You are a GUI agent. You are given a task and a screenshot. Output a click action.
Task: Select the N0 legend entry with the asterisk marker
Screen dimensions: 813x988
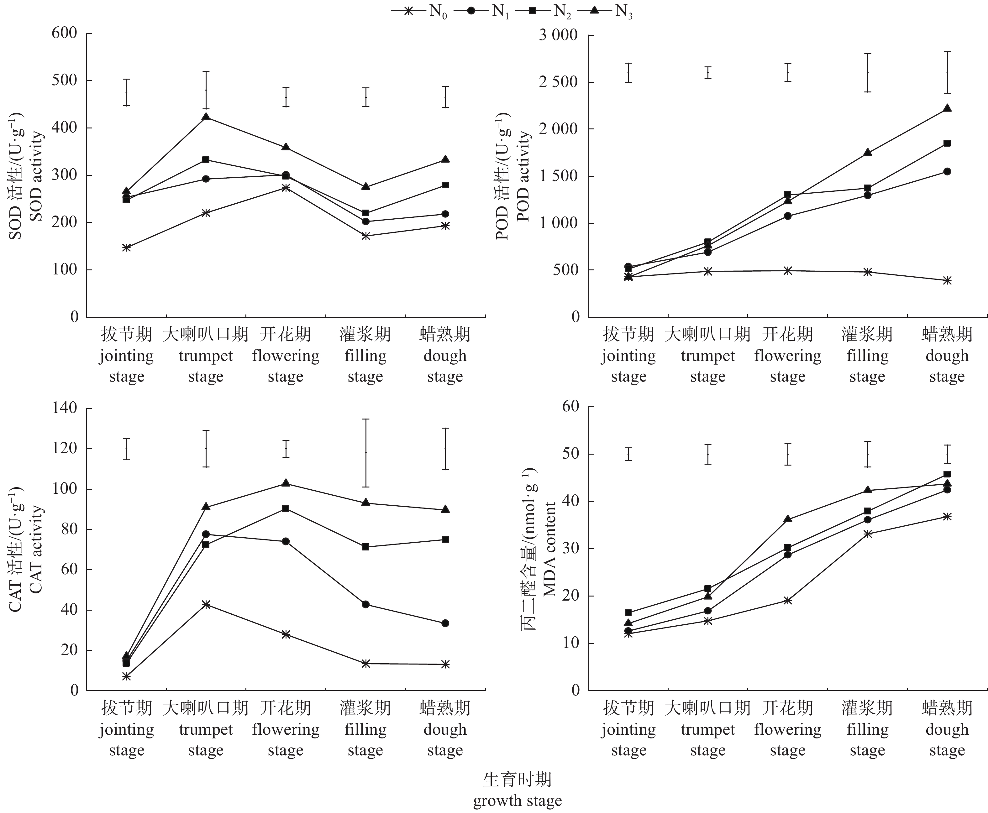click(419, 11)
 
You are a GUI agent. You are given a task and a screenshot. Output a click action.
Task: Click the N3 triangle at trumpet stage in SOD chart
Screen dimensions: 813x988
click(206, 117)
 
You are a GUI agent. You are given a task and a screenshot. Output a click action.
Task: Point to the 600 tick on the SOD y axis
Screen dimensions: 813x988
click(68, 33)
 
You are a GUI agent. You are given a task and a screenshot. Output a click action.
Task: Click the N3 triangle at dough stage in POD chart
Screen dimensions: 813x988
click(947, 108)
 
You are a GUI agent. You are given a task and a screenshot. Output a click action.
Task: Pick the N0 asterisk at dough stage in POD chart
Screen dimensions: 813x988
click(947, 280)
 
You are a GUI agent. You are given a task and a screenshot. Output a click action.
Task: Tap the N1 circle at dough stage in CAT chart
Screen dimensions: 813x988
click(445, 623)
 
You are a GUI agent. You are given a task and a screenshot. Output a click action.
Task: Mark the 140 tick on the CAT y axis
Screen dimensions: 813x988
click(68, 408)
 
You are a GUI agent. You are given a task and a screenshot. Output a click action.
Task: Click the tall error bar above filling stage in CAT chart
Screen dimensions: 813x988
click(365, 453)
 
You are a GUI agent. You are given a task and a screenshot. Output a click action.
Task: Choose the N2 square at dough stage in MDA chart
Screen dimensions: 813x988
click(947, 474)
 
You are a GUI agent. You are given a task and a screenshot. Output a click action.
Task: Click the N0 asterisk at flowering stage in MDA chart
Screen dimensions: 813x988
click(787, 600)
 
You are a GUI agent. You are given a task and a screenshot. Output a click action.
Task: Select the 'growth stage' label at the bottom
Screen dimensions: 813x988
click(517, 801)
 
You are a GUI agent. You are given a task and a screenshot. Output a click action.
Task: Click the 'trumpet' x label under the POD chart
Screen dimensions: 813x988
click(707, 356)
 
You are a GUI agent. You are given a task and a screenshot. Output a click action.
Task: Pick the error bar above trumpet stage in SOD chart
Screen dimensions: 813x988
click(206, 90)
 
